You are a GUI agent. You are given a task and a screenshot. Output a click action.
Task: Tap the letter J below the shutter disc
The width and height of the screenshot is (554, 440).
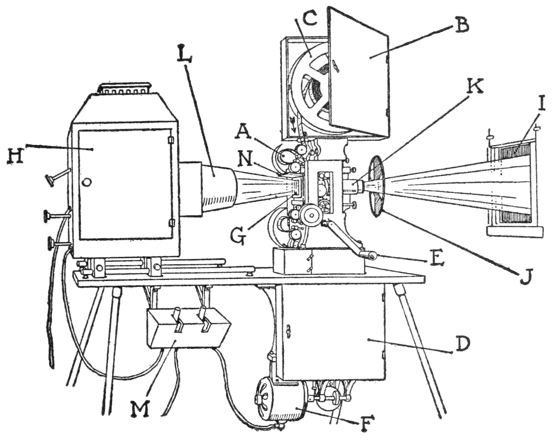tap(525, 276)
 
